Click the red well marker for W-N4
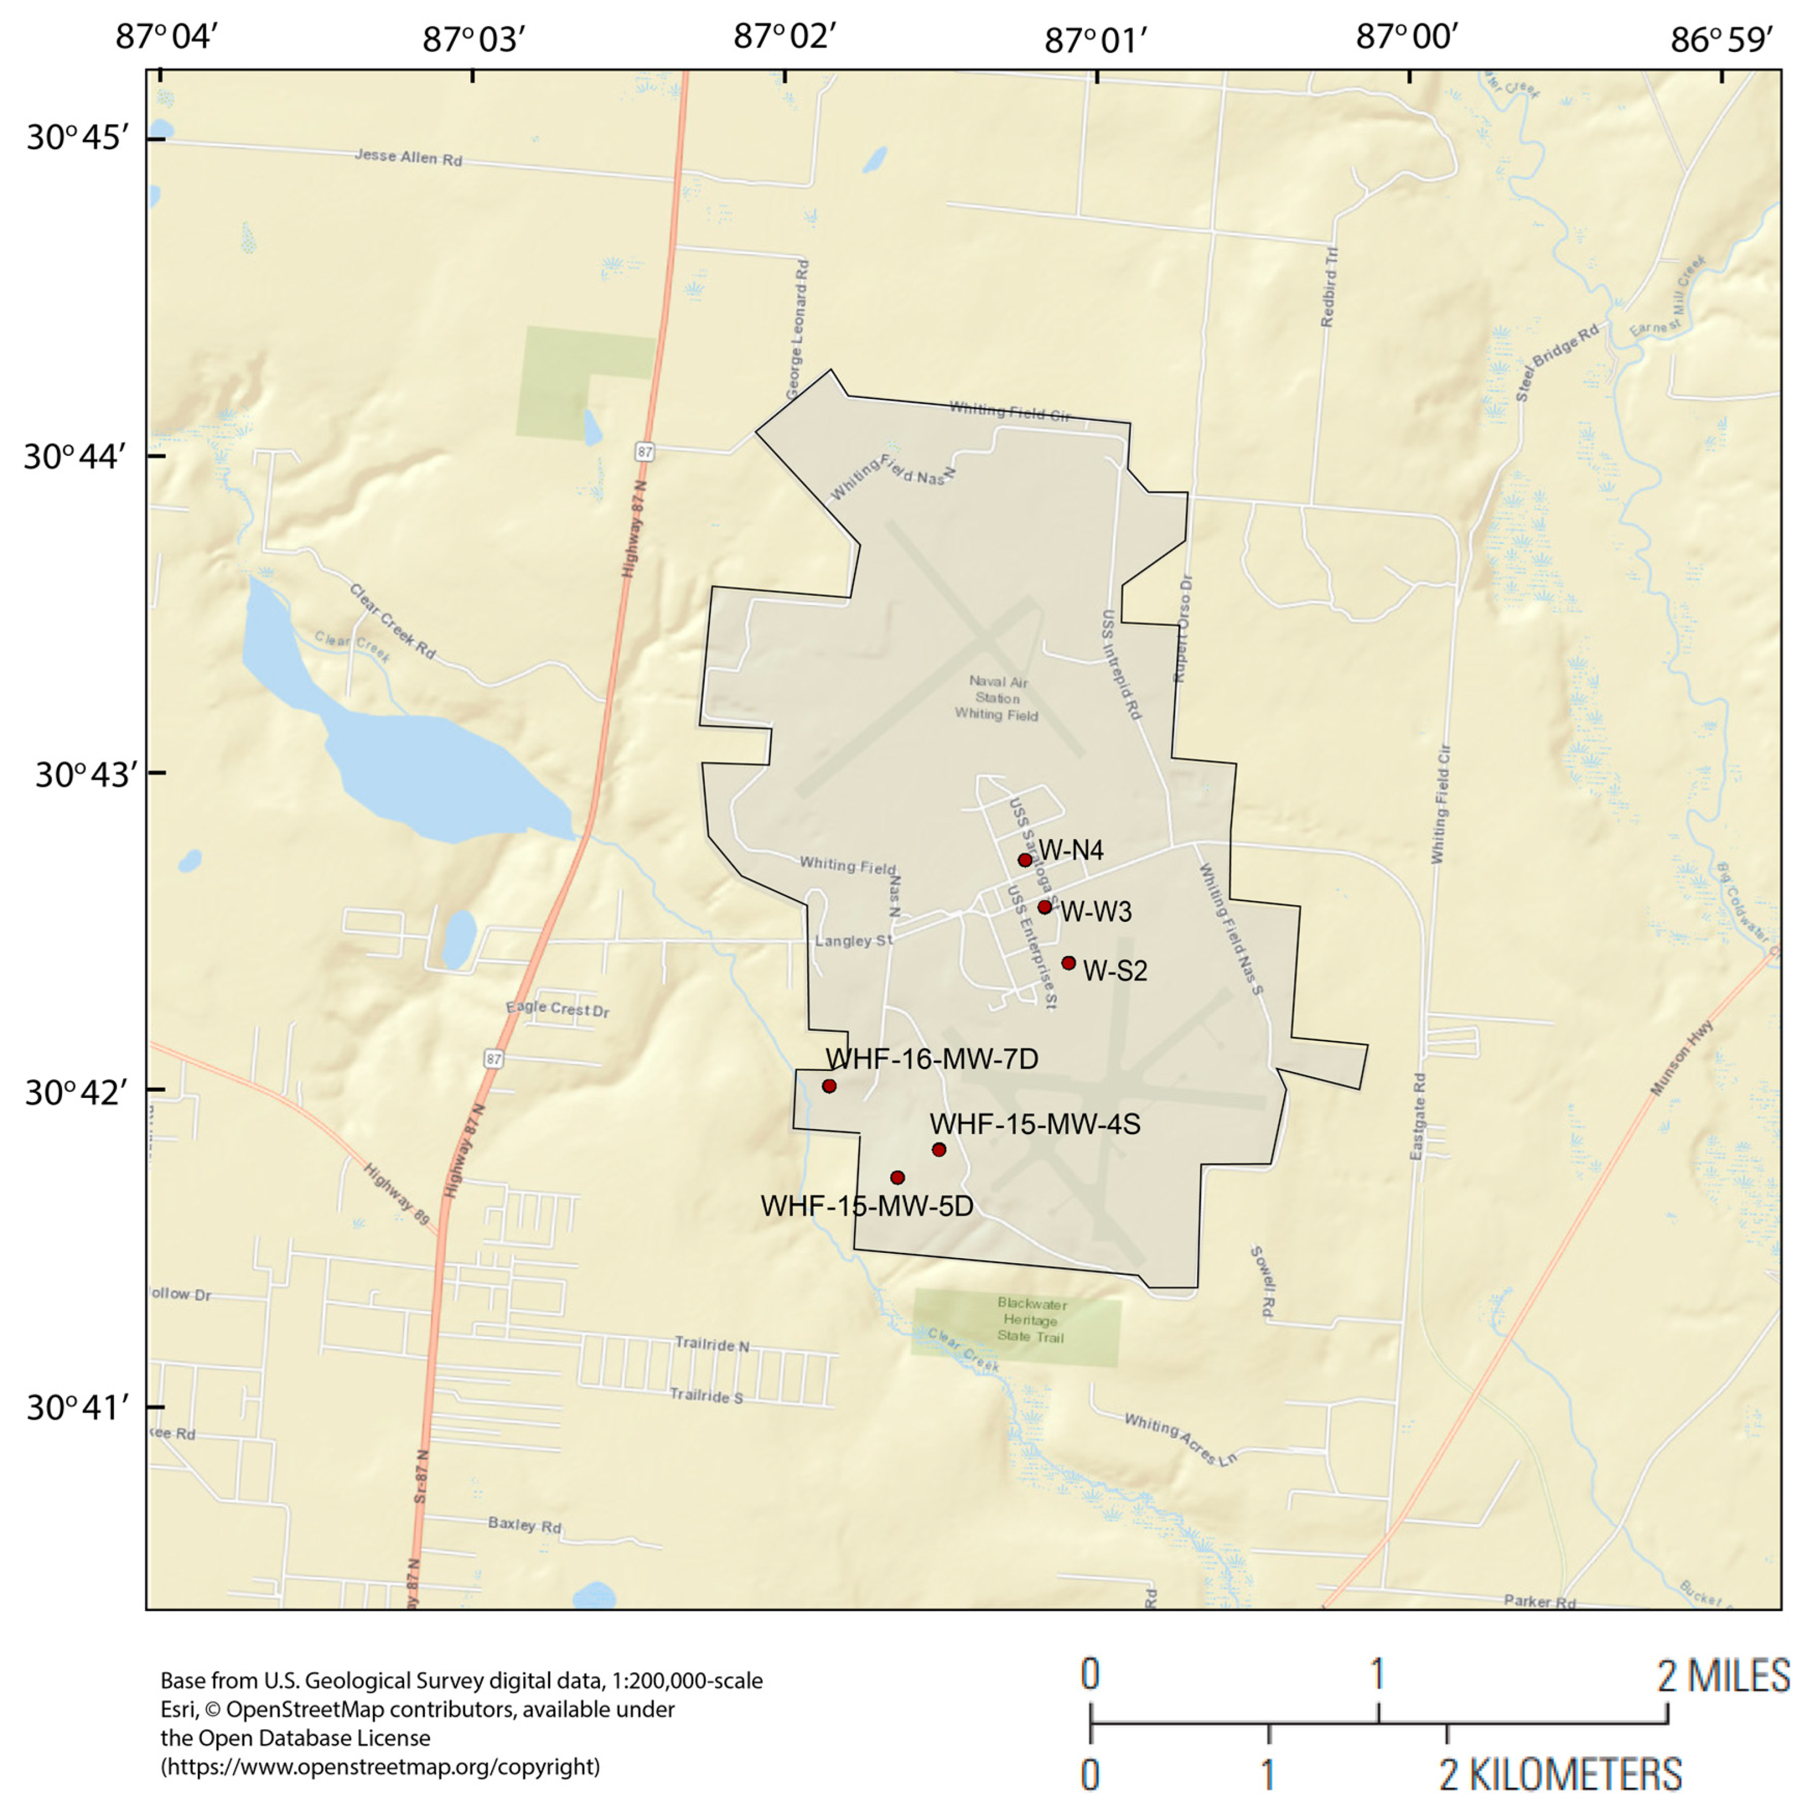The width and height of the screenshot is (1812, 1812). click(x=1025, y=860)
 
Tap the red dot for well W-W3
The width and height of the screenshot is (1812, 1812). click(x=1045, y=907)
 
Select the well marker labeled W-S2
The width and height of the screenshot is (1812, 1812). click(x=1068, y=963)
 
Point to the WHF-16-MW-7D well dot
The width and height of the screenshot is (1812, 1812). click(x=829, y=1086)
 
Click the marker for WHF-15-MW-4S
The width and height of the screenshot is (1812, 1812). click(x=939, y=1150)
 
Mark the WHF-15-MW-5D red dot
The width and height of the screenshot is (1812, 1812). click(x=898, y=1178)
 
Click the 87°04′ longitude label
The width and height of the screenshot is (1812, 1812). click(x=167, y=37)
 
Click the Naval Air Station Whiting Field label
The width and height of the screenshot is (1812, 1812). click(x=997, y=699)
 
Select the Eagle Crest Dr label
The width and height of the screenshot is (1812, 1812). click(x=557, y=1009)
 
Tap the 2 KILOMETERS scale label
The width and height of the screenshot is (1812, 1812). click(x=1560, y=1775)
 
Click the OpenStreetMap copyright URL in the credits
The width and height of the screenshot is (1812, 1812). click(x=380, y=1767)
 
